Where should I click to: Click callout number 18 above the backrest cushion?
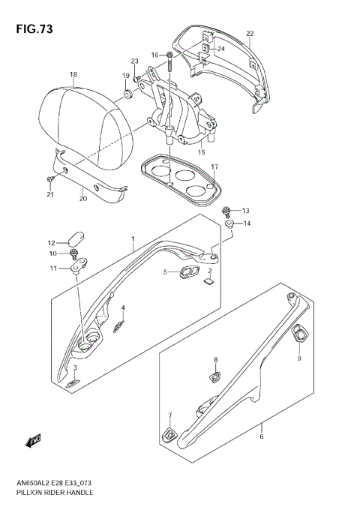[73, 74]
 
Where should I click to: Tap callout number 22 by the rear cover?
[250, 34]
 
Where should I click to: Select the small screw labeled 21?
[49, 179]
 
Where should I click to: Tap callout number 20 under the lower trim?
[83, 199]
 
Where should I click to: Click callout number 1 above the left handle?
[132, 240]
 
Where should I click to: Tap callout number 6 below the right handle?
[261, 436]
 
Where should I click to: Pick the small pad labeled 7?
[169, 433]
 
